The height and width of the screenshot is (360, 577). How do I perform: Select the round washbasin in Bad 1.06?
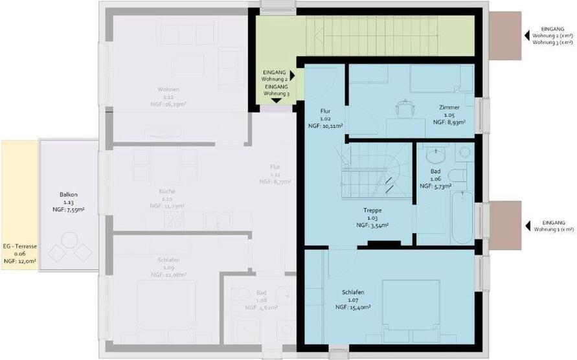pyautogui.click(x=435, y=156)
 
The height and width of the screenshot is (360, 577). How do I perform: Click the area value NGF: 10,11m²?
pyautogui.click(x=330, y=126)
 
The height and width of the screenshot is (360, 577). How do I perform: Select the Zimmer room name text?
pyautogui.click(x=449, y=107)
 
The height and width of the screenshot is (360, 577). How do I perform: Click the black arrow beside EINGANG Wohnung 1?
pyautogui.click(x=528, y=225)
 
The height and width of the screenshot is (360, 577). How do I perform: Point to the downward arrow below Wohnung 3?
pyautogui.click(x=277, y=101)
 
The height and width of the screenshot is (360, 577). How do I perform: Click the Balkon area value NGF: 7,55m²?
pyautogui.click(x=68, y=210)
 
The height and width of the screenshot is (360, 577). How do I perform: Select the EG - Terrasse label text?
pyautogui.click(x=19, y=247)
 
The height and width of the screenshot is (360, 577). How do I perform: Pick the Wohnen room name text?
pyautogui.click(x=168, y=89)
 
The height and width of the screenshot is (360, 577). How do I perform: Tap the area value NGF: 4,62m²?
pyautogui.click(x=260, y=308)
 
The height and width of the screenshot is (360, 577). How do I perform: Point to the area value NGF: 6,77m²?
pyautogui.click(x=275, y=182)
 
